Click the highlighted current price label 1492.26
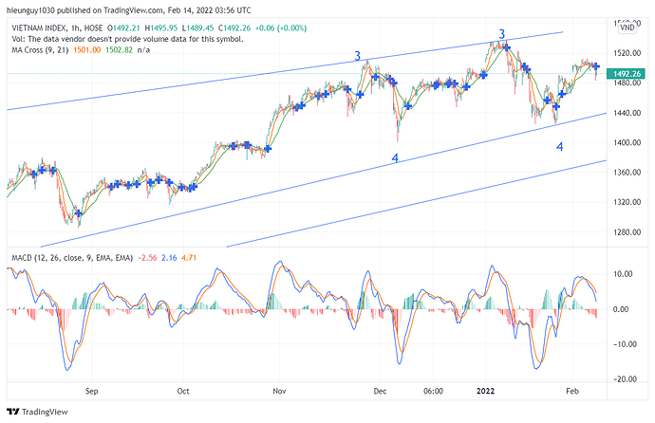pyautogui.click(x=628, y=73)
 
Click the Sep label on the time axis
pyautogui.click(x=92, y=390)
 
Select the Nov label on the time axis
pyautogui.click(x=279, y=390)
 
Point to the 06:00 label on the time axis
pyautogui.click(x=434, y=390)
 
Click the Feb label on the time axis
pyautogui.click(x=572, y=390)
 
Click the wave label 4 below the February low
pyautogui.click(x=560, y=147)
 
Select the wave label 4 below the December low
pyautogui.click(x=395, y=158)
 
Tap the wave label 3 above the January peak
pyautogui.click(x=501, y=35)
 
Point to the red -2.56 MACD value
pyautogui.click(x=147, y=256)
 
